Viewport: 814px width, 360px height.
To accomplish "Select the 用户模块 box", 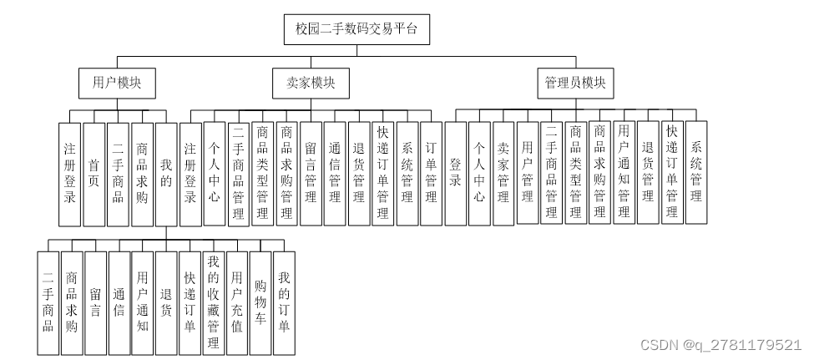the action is pos(116,83).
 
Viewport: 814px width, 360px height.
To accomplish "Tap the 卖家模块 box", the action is pos(311,83).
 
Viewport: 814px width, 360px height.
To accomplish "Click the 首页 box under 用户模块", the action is pos(94,173).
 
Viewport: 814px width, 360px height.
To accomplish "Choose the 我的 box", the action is pos(166,173).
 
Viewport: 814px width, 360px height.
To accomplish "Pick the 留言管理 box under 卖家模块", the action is pos(311,173).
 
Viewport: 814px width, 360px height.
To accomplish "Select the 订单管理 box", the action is pos(431,173).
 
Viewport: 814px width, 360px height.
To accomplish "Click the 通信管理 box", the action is pos(335,173).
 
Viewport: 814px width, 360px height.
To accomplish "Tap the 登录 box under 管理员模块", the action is pos(455,173).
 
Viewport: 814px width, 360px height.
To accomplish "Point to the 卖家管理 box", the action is pos(503,173).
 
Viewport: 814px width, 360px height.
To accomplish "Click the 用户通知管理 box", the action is pos(624,173).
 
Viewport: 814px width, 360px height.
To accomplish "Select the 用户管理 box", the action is pos(528,173).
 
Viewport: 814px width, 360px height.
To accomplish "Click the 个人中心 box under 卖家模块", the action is pos(215,173).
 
